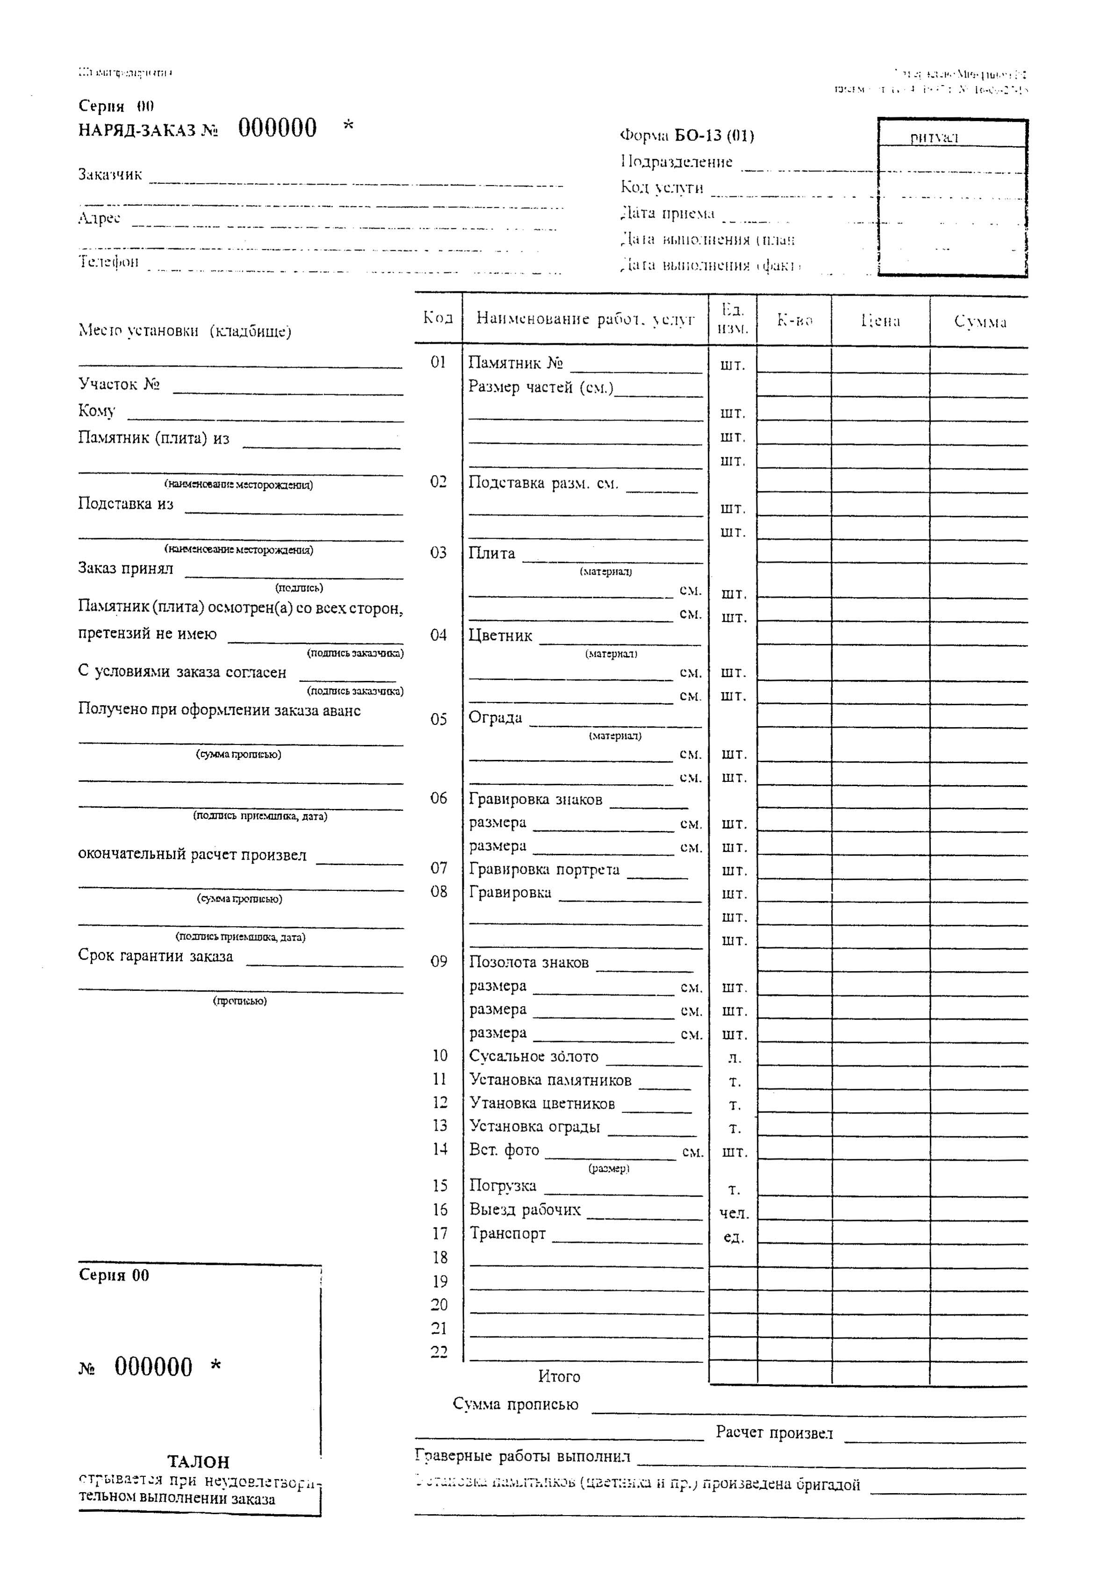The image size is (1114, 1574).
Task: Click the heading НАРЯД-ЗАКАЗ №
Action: pos(147,130)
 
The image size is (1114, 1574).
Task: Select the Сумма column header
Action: pos(980,322)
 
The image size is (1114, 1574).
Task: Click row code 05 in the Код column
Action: pos(438,719)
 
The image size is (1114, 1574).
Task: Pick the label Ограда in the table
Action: pos(495,718)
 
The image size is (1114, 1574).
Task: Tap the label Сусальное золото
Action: pos(534,1057)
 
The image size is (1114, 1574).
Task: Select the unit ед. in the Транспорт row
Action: pos(733,1237)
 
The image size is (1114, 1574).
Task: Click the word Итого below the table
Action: pos(559,1376)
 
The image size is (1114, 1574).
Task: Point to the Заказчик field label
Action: pos(110,174)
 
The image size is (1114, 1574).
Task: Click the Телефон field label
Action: pos(108,261)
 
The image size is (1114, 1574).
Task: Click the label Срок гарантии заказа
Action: pos(155,956)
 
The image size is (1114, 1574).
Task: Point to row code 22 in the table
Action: pos(439,1352)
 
